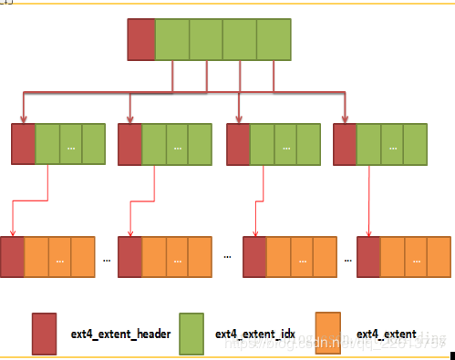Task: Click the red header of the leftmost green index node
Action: (x=23, y=144)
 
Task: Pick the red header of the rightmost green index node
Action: (x=345, y=144)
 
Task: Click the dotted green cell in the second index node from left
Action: (x=178, y=144)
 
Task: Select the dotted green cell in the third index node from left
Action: (x=284, y=144)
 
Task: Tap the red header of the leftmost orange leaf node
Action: (x=13, y=257)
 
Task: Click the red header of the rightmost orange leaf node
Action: (x=368, y=257)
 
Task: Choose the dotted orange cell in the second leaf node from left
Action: (x=178, y=257)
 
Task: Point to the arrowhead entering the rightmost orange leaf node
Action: (x=367, y=233)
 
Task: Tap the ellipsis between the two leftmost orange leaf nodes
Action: (x=107, y=259)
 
